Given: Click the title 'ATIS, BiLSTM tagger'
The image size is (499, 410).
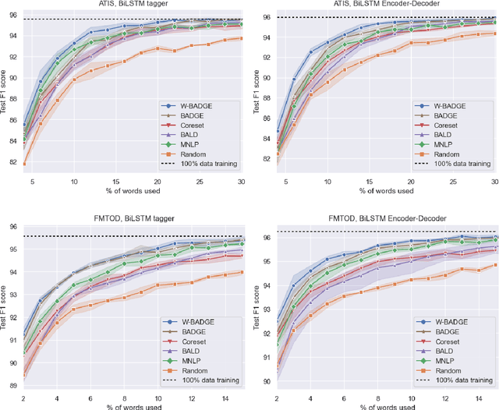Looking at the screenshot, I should (x=133, y=5).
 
